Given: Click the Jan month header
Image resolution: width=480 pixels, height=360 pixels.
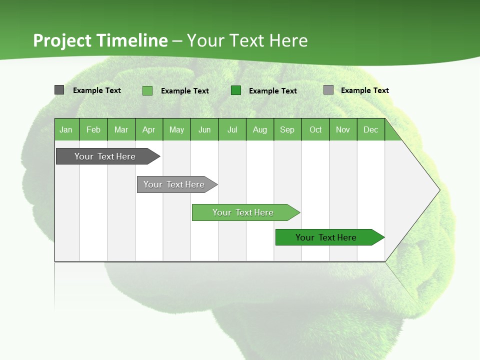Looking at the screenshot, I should coord(66,129).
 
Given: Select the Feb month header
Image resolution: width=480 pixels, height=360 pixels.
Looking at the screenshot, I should coord(93,129).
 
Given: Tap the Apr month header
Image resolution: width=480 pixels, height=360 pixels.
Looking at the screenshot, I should coord(149,129).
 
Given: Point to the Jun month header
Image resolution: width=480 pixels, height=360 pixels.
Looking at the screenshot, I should coord(204,129).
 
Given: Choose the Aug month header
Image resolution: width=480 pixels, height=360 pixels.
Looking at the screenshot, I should coord(260,129).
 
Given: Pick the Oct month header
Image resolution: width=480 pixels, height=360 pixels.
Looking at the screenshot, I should coord(315,129).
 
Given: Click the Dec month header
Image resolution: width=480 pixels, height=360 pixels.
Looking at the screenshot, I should coord(371,129).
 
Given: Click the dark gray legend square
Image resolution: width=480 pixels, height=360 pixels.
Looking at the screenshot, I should coord(59,90).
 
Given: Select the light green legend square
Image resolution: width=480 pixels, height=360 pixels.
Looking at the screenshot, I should coord(147,90).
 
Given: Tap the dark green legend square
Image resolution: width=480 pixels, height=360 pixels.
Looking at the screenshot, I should coord(236,90).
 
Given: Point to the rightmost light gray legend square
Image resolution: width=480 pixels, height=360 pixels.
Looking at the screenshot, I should coord(328,90).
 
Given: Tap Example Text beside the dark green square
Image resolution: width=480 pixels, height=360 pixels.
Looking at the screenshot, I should coord(273,91).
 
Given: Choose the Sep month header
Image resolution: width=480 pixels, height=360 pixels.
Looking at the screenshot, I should coord(287,129).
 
